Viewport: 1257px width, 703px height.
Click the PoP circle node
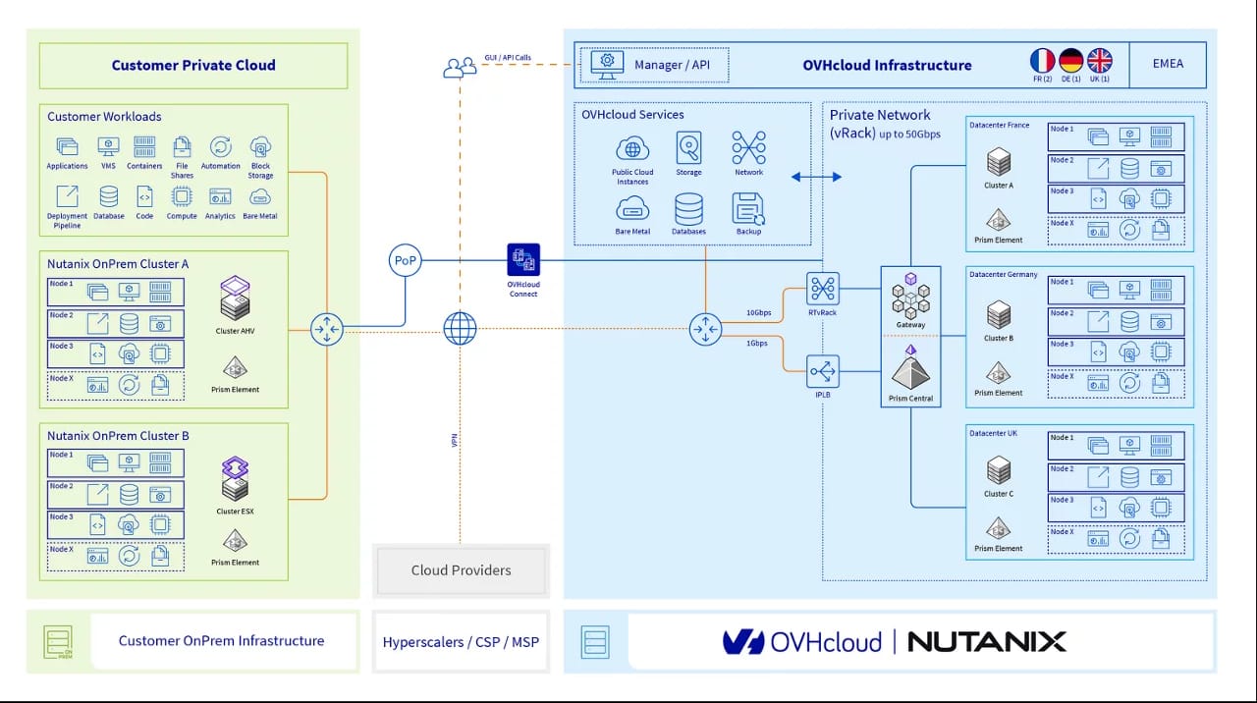point(405,261)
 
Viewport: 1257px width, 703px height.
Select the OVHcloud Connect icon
point(523,260)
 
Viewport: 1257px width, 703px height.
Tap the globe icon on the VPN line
point(460,328)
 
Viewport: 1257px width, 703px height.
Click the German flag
point(1070,61)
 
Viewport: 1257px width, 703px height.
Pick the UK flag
point(1100,61)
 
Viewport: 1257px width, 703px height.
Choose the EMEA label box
point(1168,64)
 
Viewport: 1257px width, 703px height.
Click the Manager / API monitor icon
point(607,64)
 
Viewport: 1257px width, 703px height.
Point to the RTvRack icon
point(822,289)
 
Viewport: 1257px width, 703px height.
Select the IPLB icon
point(822,371)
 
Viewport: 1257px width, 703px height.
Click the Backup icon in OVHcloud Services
point(748,208)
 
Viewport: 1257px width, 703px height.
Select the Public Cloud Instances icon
point(632,149)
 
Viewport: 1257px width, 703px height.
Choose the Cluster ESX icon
point(235,478)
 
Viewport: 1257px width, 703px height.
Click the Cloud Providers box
point(462,569)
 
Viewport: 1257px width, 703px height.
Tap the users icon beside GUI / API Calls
point(459,68)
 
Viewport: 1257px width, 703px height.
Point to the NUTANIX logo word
point(986,642)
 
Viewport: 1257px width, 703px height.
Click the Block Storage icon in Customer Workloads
point(260,147)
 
